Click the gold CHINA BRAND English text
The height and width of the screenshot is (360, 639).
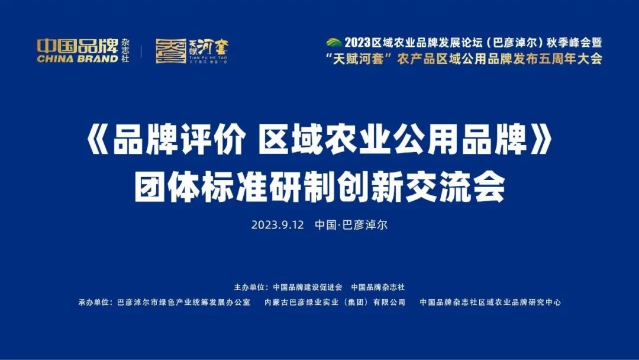point(78,58)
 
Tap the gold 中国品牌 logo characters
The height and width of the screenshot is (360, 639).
point(78,46)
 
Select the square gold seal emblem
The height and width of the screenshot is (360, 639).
point(171,51)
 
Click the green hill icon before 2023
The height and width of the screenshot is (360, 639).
point(334,42)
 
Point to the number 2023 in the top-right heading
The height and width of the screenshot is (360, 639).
point(357,43)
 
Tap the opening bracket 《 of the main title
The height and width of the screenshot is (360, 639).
point(98,142)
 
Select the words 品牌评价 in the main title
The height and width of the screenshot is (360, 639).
point(179,142)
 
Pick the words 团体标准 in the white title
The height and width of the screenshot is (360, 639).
point(201,188)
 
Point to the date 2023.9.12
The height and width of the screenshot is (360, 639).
point(277,225)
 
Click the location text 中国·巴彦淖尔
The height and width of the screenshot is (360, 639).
point(351,225)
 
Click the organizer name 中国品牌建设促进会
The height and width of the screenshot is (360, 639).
point(308,287)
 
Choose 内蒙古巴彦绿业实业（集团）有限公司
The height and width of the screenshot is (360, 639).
point(335,302)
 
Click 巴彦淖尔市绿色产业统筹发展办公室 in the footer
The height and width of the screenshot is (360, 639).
point(184,302)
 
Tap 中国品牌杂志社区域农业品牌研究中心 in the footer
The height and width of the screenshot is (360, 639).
point(490,302)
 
